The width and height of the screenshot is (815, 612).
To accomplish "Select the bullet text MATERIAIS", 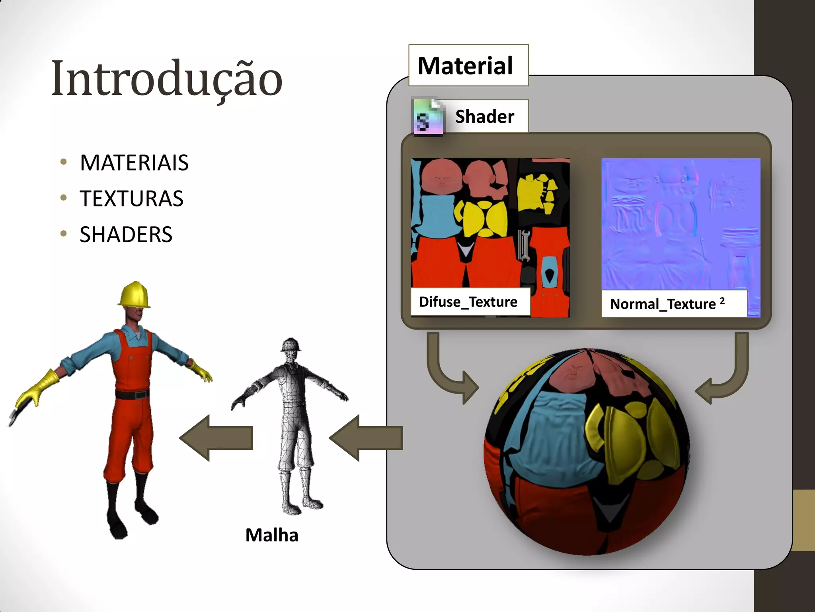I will (134, 163).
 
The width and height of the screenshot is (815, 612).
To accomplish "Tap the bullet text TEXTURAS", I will (131, 198).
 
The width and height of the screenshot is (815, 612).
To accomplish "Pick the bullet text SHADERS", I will (126, 234).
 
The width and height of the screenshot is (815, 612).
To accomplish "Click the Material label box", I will (468, 66).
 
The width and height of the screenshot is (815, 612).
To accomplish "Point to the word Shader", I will (484, 117).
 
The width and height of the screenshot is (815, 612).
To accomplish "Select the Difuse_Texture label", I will (468, 302).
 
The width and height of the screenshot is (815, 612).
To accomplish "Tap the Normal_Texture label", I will (663, 304).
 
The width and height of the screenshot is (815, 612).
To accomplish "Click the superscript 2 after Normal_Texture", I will (722, 301).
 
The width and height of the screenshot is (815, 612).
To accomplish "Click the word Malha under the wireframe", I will (271, 535).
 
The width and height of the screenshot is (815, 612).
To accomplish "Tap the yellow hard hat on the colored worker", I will (135, 295).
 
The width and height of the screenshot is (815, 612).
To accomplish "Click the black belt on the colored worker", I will (132, 395).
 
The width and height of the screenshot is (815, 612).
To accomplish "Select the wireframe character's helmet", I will (291, 345).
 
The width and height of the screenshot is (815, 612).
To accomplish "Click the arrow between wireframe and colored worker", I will (216, 438).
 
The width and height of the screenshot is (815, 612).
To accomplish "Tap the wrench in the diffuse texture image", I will (523, 245).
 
